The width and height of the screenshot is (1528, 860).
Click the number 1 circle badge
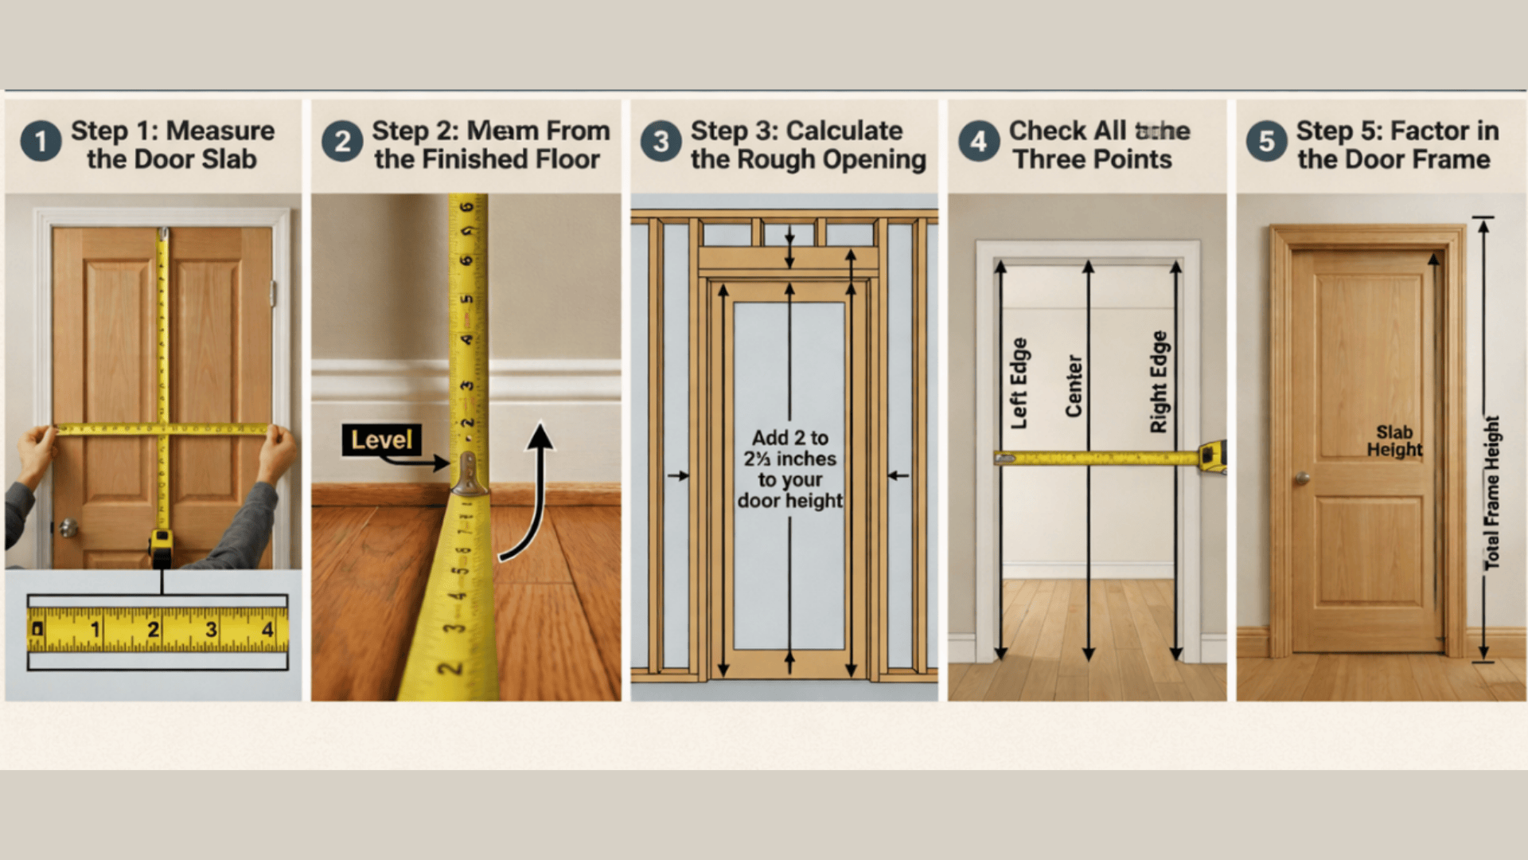pos(41,143)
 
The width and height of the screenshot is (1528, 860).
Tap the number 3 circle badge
pos(661,143)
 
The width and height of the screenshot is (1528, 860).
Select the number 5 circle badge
pos(1266,143)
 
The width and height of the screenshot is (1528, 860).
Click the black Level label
pos(381,440)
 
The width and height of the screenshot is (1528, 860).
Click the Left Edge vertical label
pos(1019,384)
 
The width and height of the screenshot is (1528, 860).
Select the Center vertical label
pos(1074,386)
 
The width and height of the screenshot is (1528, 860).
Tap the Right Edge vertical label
pos(1159,382)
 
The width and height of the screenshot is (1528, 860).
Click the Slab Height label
pos(1394,441)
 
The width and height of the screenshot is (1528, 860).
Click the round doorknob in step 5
pos(1302,479)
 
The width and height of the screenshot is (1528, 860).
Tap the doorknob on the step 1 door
pos(69,527)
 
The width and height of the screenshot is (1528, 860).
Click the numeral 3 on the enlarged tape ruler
pos(211,629)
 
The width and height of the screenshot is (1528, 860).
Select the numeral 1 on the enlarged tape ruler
pos(95,630)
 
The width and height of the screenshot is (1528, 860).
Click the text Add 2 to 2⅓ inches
pos(789,448)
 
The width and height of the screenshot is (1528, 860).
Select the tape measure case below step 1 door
pos(161,548)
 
